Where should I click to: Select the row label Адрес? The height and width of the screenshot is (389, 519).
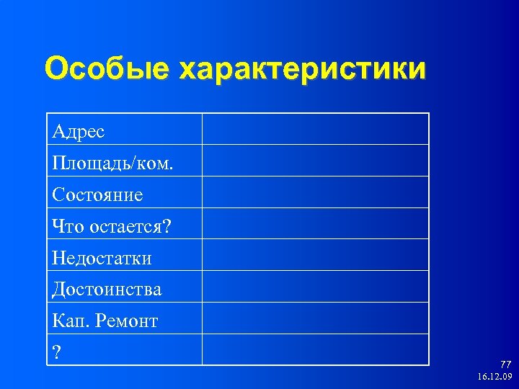(79, 131)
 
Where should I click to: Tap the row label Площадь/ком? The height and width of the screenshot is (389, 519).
(113, 163)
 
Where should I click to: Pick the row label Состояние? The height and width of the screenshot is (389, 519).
(97, 194)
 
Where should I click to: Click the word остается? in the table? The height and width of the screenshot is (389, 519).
(130, 226)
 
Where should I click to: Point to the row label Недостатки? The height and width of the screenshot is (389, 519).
(102, 257)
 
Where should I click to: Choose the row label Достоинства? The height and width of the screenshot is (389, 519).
(107, 289)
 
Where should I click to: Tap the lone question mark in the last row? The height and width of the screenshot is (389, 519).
(56, 352)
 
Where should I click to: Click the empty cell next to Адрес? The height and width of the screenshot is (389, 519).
(315, 129)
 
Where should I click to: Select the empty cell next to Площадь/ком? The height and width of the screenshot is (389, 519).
(315, 161)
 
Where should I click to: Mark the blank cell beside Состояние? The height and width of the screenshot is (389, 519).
(315, 192)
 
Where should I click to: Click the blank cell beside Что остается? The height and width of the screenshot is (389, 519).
(315, 224)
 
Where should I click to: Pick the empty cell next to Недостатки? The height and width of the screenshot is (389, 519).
(315, 255)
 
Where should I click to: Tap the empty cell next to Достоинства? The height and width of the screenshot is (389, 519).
(315, 287)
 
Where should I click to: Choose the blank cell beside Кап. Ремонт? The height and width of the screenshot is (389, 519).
(315, 318)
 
